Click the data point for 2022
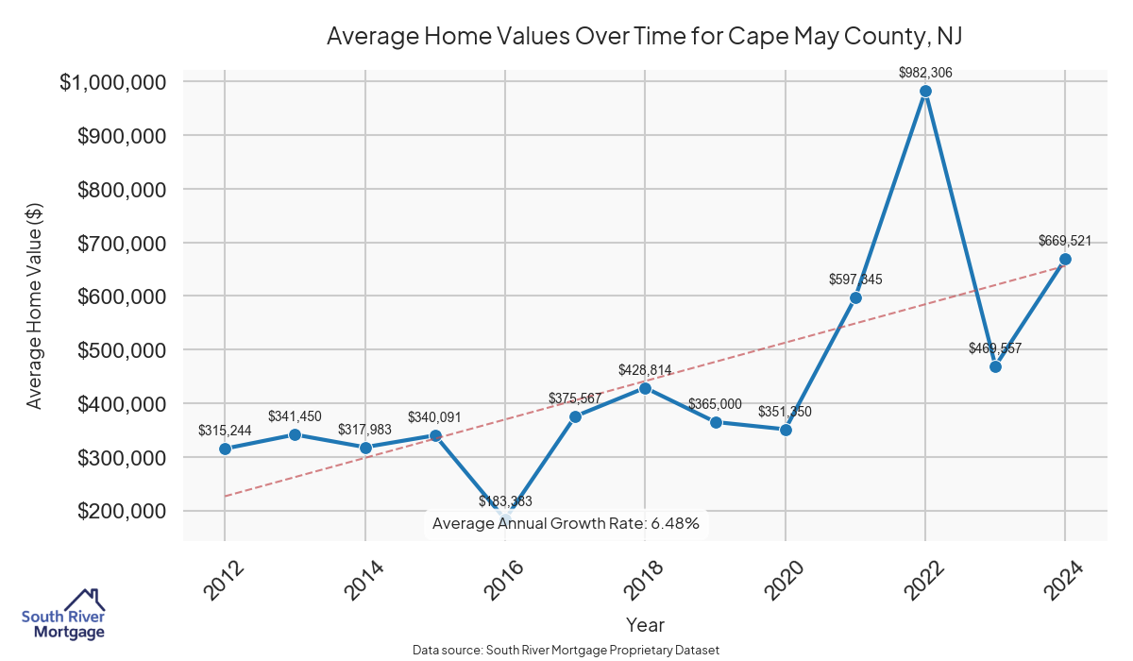(925, 92)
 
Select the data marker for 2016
(505, 519)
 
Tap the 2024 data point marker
(1065, 259)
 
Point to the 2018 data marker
(645, 388)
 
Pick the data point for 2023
(995, 366)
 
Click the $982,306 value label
(925, 72)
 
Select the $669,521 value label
(1065, 241)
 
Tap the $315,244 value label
(225, 431)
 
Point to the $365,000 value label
(715, 404)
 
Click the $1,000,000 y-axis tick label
(114, 82)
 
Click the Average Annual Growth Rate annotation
(566, 523)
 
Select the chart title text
(644, 36)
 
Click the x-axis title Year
(645, 625)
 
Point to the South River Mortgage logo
(63, 615)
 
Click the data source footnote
(566, 651)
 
